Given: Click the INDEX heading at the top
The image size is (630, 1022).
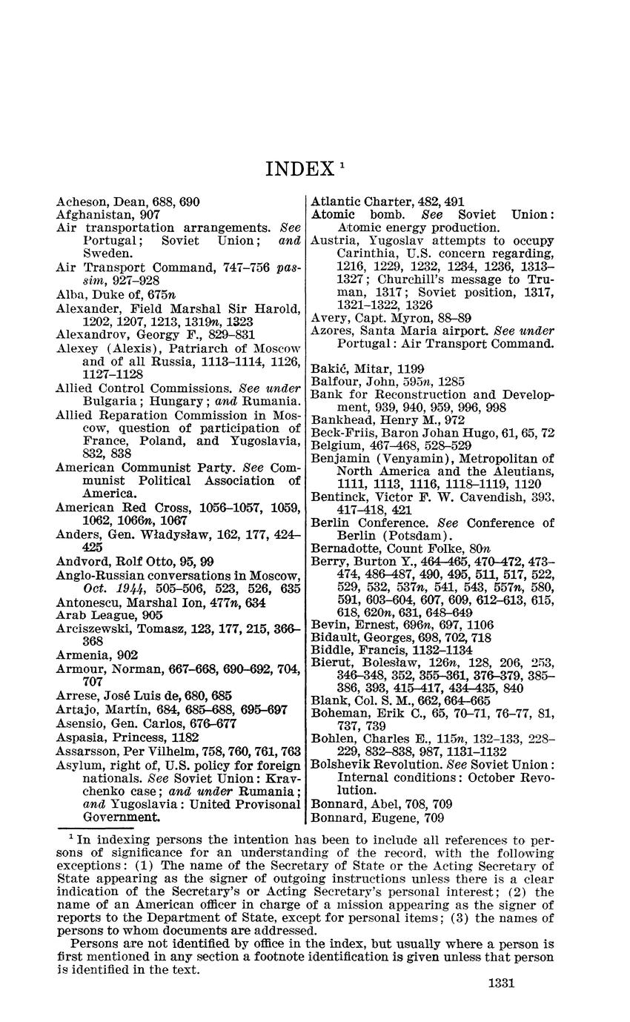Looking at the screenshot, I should pos(299,170).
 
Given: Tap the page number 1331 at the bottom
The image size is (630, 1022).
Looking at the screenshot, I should pos(501,983).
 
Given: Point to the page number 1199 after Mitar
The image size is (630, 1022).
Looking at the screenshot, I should pos(411,368).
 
